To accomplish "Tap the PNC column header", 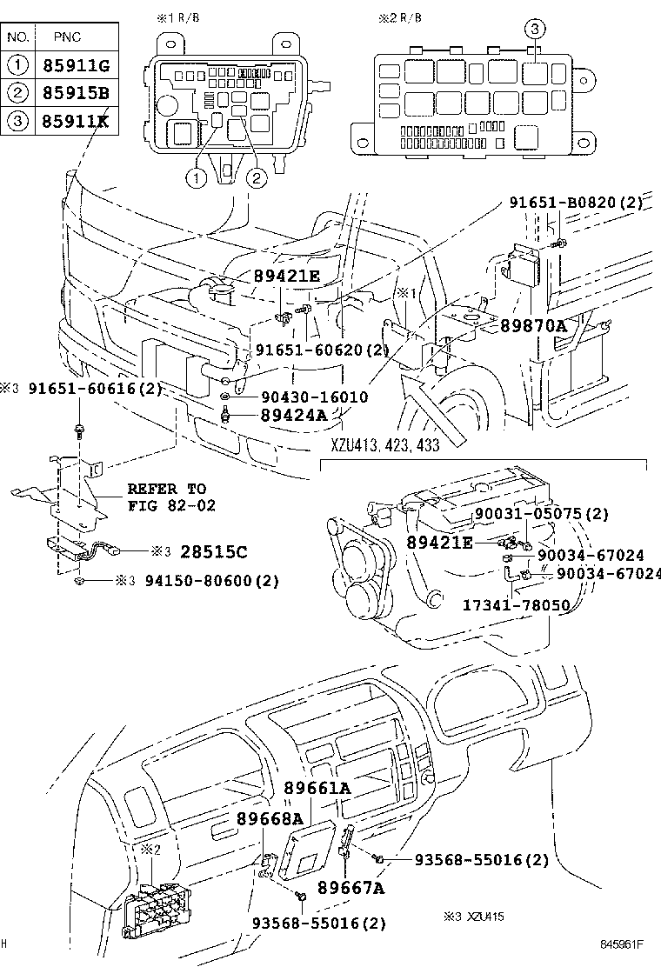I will tap(69, 37).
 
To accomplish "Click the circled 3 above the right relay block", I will tap(536, 30).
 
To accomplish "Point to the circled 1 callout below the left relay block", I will tap(197, 177).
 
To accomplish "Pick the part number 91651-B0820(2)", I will tap(576, 203).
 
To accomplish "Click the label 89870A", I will tap(532, 326).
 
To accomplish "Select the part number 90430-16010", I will tap(314, 397).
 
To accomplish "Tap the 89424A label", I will tap(293, 415).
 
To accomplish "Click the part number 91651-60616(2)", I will tap(93, 389).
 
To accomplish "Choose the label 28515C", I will tap(213, 551).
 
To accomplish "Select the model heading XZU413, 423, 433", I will tap(384, 444).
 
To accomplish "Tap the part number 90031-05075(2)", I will tap(541, 514).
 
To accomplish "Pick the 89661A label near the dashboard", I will tap(317, 788).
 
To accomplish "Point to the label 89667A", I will tap(351, 888).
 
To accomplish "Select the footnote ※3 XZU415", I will tap(473, 917).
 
